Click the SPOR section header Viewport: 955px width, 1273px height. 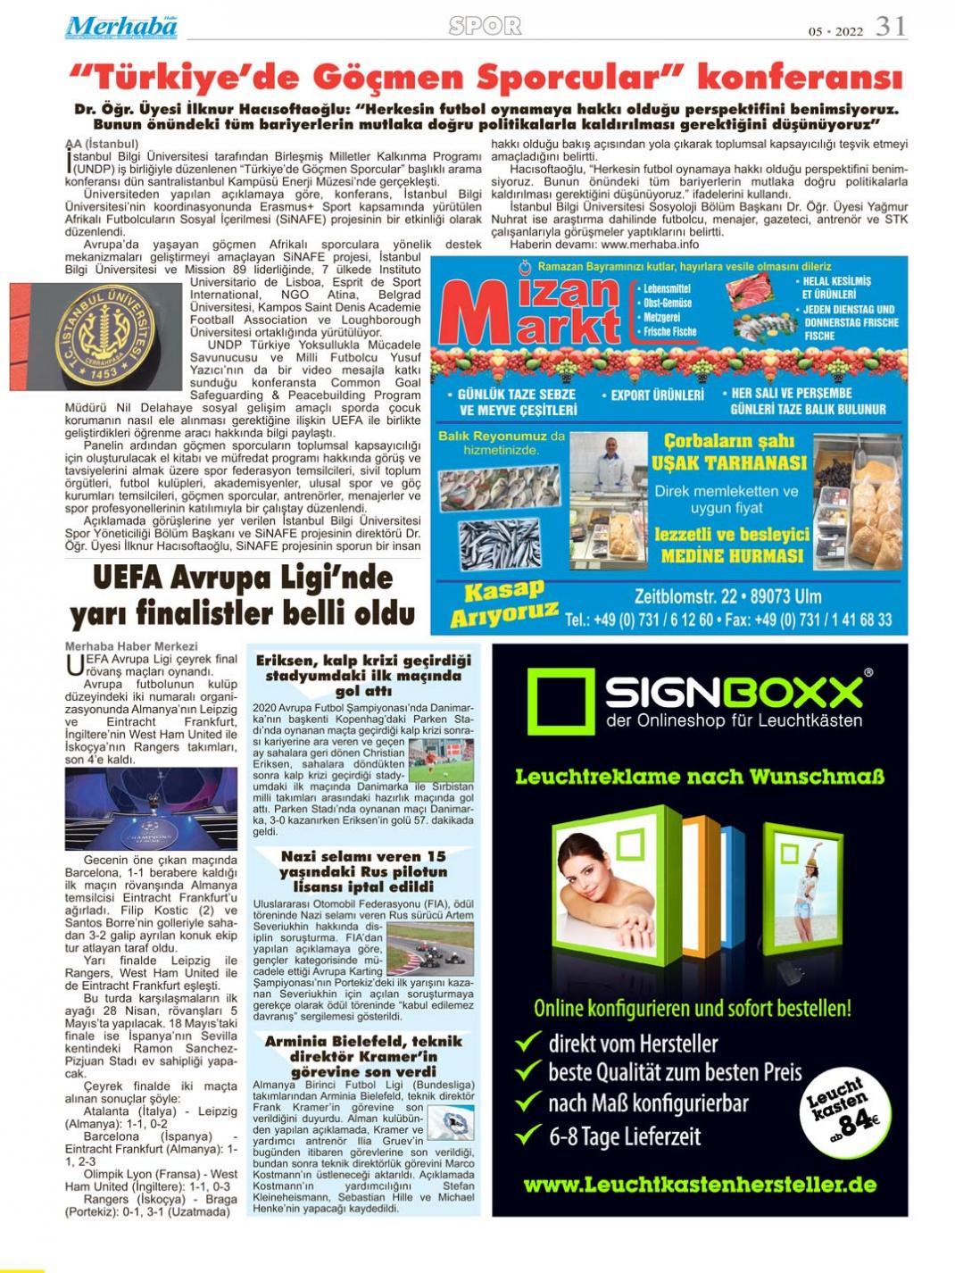click(x=485, y=26)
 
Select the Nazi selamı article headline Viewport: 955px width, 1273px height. click(x=362, y=871)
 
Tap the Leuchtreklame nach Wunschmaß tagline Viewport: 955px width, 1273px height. click(x=699, y=777)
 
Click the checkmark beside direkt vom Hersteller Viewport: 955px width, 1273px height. click(x=527, y=1042)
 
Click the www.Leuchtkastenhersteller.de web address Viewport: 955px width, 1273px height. click(x=699, y=1185)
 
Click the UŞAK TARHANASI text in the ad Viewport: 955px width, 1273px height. click(x=728, y=462)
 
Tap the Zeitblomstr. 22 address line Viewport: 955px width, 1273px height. click(x=727, y=595)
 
